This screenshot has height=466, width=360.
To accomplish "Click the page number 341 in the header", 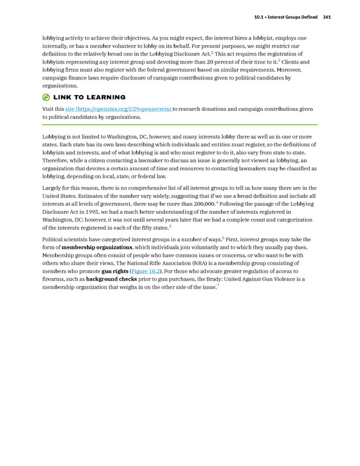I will pos(326,17).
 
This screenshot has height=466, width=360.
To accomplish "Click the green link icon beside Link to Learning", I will pos(46,97).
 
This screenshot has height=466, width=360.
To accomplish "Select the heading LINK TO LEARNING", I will pos(89,97).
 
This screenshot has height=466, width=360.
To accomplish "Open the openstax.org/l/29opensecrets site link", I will pos(118,108).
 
